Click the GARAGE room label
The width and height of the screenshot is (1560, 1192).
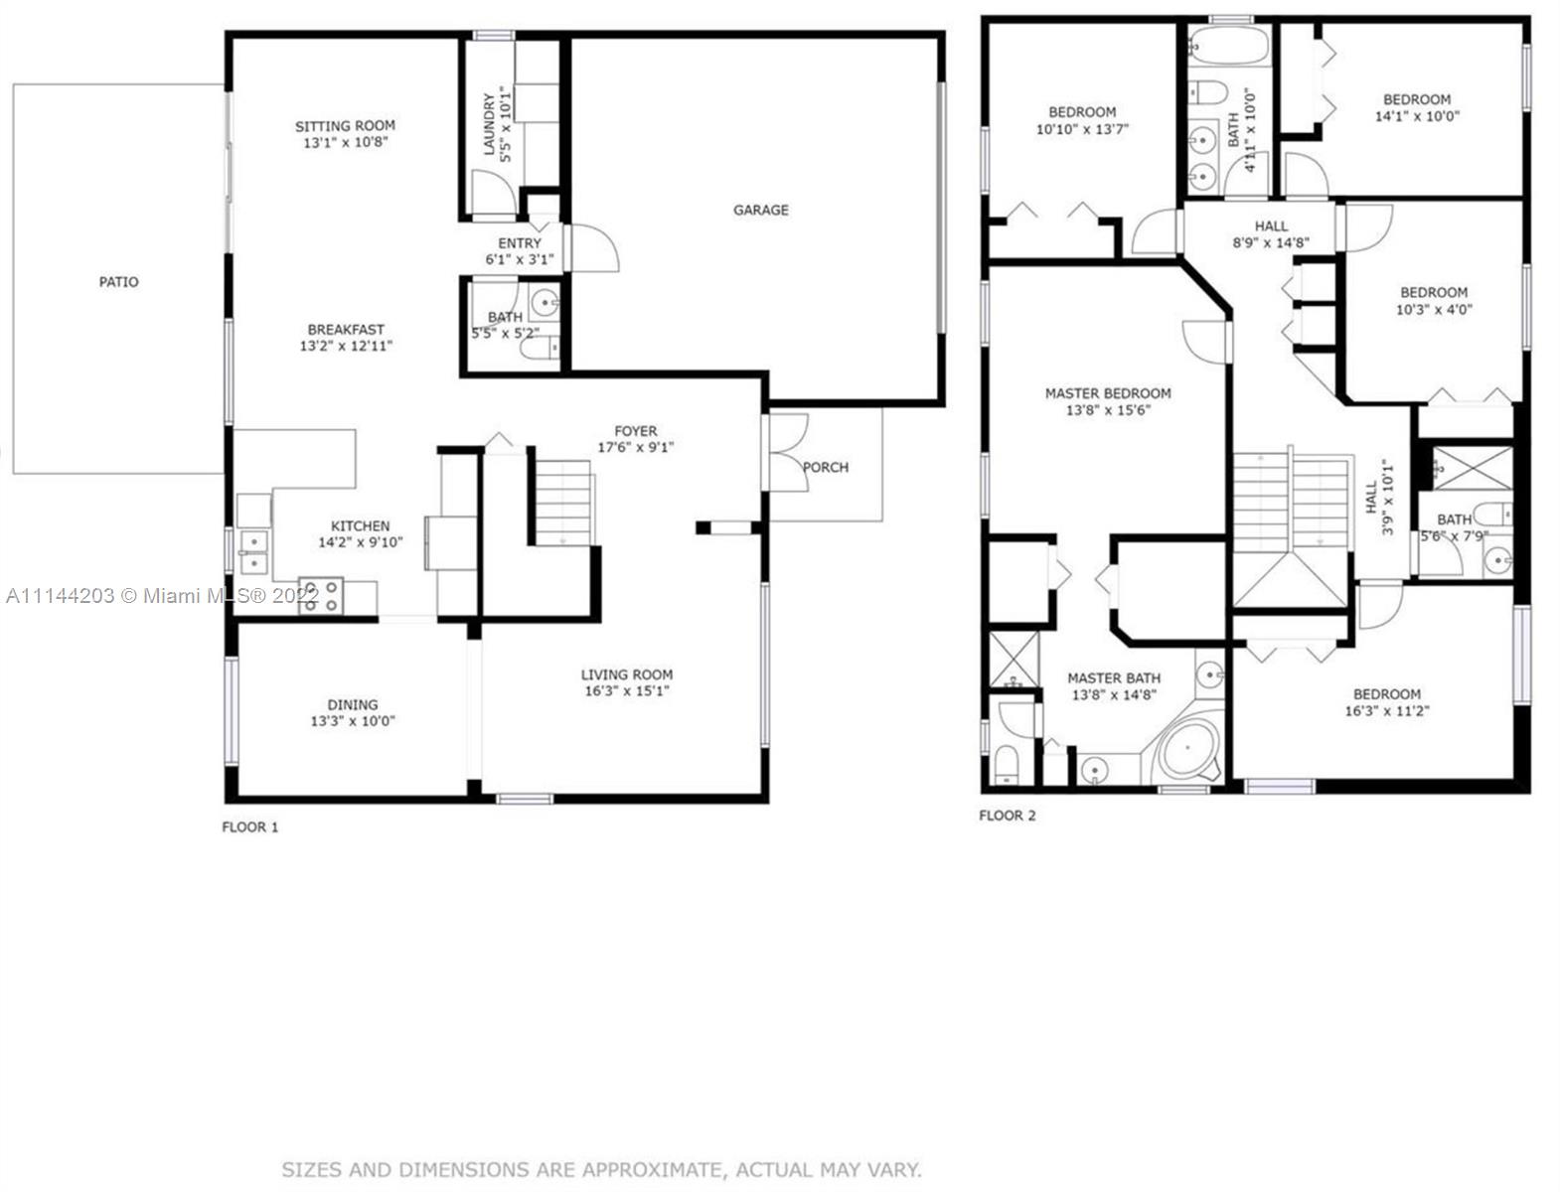(x=760, y=210)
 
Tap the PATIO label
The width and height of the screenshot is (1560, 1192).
(x=118, y=282)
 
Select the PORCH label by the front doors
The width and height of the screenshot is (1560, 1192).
(x=825, y=468)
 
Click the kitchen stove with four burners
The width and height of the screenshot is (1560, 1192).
(x=321, y=595)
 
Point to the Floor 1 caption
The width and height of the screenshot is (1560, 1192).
(x=250, y=826)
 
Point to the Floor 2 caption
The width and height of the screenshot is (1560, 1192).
(x=1008, y=816)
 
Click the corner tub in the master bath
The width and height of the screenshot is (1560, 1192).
(x=1187, y=752)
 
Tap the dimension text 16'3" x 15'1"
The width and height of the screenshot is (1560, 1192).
(x=627, y=691)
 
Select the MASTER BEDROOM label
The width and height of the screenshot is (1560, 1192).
(x=1108, y=393)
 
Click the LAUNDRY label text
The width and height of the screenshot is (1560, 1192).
(x=489, y=123)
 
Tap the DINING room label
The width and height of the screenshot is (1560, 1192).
(x=353, y=704)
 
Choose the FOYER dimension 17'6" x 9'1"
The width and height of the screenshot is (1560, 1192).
(x=636, y=448)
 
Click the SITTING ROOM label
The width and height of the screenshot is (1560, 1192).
(x=346, y=126)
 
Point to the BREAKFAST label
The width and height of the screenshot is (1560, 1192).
(x=346, y=330)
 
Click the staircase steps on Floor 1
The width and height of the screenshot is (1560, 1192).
(x=563, y=503)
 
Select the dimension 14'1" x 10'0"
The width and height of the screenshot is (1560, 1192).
(x=1417, y=116)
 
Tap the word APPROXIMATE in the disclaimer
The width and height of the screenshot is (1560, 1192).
(x=653, y=1169)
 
